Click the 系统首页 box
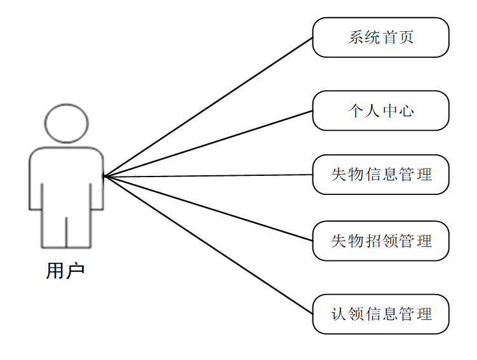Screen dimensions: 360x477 pos(380,37)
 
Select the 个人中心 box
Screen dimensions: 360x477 pos(380,110)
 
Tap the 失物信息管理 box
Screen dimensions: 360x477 pos(380,175)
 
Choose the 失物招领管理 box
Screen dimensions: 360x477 pos(380,241)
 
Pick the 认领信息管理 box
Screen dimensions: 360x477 pos(380,314)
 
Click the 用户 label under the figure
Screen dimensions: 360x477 pos(65,270)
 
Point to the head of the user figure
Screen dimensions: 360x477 pos(66,123)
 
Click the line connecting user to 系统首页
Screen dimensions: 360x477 pos(210,106)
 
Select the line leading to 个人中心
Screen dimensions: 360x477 pos(210,143)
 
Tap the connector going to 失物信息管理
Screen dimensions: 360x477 pos(210,176)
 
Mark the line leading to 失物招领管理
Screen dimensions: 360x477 pos(210,209)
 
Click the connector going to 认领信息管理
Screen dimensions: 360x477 pos(210,245)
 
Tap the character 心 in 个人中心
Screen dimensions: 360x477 pos(406,110)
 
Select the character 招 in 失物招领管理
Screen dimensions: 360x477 pos(373,241)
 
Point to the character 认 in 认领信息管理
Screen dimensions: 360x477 pos(339,314)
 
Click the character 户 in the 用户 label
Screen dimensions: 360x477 pos(75,270)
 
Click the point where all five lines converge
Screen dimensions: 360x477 pos(105,177)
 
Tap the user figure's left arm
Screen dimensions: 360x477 pos(35,181)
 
